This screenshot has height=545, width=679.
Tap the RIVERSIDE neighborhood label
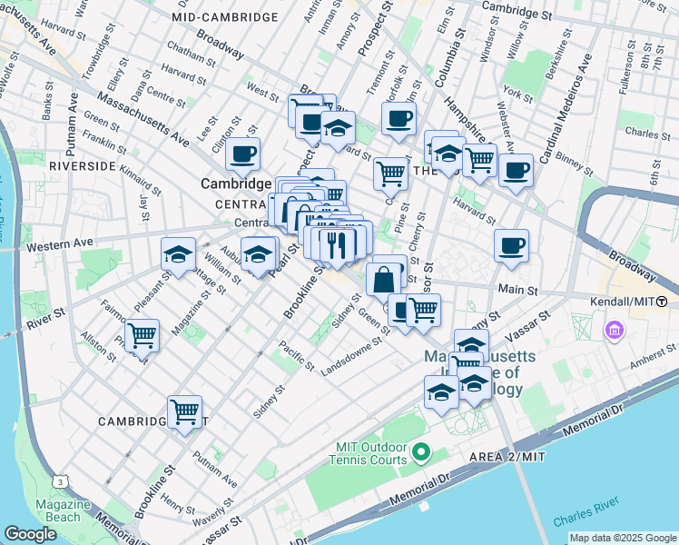click(82, 166)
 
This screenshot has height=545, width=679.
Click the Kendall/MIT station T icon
click(663, 301)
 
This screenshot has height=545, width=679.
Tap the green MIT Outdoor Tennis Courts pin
click(420, 451)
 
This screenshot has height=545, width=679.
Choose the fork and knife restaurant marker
click(337, 243)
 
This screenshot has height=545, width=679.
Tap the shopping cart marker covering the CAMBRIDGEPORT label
click(185, 411)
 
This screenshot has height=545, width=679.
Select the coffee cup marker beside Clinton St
click(242, 154)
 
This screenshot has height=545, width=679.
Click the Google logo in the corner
click(30, 534)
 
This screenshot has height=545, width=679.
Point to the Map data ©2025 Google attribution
click(622, 538)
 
